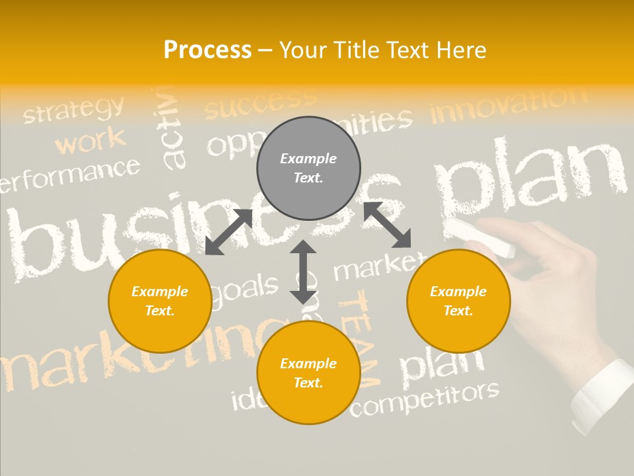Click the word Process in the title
(207, 50)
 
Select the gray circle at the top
(308, 168)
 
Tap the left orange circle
(160, 301)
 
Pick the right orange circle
(458, 301)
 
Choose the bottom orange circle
(308, 373)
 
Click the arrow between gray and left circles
(229, 231)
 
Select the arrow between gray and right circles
(388, 225)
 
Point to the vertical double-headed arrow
(303, 272)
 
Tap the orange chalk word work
(90, 140)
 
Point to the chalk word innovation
(508, 105)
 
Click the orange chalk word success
(260, 103)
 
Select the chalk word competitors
(424, 399)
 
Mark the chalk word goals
(244, 290)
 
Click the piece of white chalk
(481, 237)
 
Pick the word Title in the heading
(357, 50)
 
